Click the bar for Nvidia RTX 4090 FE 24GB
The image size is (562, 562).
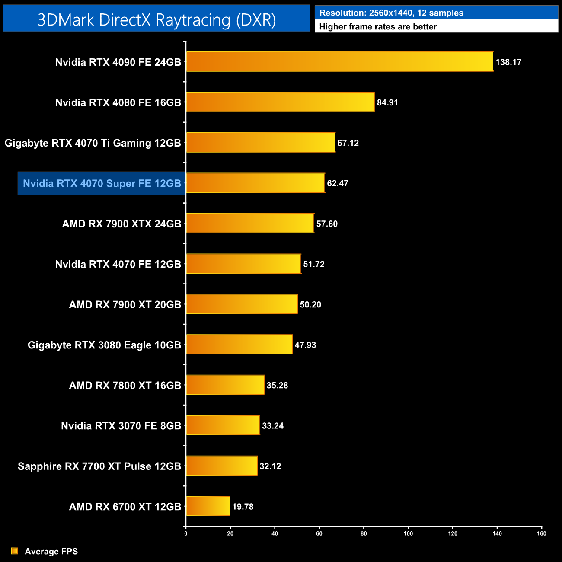pos(339,62)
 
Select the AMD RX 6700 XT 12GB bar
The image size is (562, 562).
pos(208,506)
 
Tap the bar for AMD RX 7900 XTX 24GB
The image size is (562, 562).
pos(250,224)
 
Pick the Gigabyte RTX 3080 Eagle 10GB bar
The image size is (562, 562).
pos(239,345)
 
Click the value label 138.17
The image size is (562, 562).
pos(508,62)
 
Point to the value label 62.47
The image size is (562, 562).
pos(338,183)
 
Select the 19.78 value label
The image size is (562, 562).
pos(243,507)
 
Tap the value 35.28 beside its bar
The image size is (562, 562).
pos(277,385)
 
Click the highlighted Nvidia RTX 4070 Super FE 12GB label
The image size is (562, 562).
pos(102,184)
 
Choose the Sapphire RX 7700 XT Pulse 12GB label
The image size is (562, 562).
pos(99,466)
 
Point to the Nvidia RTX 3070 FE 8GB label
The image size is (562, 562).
pos(121,426)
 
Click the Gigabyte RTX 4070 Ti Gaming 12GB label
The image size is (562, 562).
pos(93,143)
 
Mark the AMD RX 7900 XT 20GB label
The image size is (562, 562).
pos(125,305)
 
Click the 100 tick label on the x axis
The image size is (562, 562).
pos(408,533)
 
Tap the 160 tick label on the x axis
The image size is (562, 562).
pos(542,533)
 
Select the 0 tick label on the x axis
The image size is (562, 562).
pos(186,533)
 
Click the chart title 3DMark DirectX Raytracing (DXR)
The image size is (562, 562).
pos(156,19)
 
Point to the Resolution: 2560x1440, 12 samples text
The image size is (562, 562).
pos(391,13)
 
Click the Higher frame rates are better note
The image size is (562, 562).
pos(378,27)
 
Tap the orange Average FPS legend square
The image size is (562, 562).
pos(14,551)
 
